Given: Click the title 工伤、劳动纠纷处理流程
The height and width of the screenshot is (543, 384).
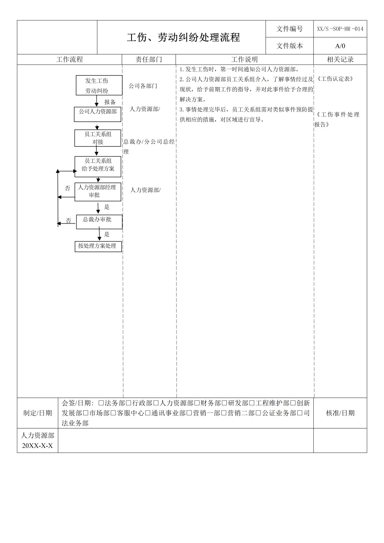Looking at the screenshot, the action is click(x=183, y=37).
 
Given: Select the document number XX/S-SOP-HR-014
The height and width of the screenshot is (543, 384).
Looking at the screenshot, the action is click(x=340, y=29).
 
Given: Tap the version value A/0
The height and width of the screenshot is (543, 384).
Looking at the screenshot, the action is click(x=340, y=46).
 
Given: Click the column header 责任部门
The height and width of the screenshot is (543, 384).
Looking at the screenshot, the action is click(x=149, y=59).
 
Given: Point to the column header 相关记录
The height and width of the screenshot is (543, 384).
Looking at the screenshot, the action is click(x=340, y=59).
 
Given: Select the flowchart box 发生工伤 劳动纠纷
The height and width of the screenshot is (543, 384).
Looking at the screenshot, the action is click(x=99, y=85).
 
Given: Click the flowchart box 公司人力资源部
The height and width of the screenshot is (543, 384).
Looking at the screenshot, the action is click(x=98, y=114).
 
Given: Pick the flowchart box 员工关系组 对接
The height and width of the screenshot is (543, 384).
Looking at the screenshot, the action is click(x=98, y=138).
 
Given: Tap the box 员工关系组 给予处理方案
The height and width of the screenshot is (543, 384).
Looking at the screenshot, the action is click(x=98, y=166).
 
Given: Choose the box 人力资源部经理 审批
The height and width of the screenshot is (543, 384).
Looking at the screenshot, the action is click(x=98, y=192).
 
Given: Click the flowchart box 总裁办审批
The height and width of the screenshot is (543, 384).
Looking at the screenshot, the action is click(x=99, y=222).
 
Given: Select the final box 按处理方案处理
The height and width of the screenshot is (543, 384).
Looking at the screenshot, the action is click(x=98, y=246).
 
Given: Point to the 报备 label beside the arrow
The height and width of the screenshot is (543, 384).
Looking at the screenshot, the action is click(x=110, y=102).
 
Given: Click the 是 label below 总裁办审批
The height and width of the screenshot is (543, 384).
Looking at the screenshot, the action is click(x=107, y=234).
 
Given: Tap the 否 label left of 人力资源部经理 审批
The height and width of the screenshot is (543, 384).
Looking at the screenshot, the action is click(x=68, y=188).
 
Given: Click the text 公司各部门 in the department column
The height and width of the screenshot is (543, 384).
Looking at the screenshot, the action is click(x=143, y=86).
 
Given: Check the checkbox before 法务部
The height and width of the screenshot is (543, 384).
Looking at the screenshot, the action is click(x=101, y=403).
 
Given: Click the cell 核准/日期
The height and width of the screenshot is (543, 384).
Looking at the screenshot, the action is click(x=340, y=413).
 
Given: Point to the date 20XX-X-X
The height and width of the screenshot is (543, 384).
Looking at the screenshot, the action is click(x=37, y=446).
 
